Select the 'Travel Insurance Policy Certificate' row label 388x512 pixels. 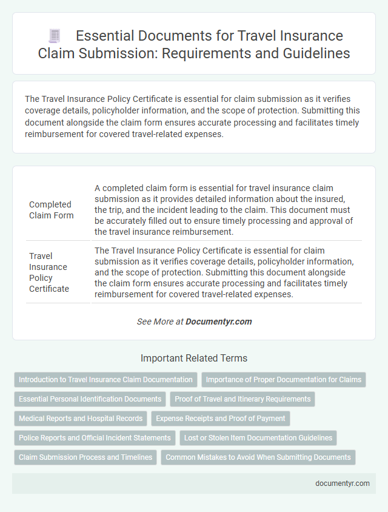pos(50,272)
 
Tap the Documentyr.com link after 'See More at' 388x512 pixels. pos(219,322)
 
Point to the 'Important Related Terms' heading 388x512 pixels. pos(194,358)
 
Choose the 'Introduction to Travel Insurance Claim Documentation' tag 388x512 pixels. pos(105,380)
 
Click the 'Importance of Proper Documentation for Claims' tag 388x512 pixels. pos(283,380)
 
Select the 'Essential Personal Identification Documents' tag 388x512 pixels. pos(90,399)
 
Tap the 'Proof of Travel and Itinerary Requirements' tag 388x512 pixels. pos(242,399)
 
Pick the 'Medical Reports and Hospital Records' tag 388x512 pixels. pos(81,419)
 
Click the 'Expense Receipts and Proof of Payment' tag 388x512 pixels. pos(221,419)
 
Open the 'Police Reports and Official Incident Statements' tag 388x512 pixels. pos(94,438)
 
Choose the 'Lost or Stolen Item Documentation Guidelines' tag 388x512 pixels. pos(258,438)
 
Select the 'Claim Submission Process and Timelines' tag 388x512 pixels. pos(85,457)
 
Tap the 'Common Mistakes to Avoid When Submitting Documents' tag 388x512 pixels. pos(258,457)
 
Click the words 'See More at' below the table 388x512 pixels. pos(160,322)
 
